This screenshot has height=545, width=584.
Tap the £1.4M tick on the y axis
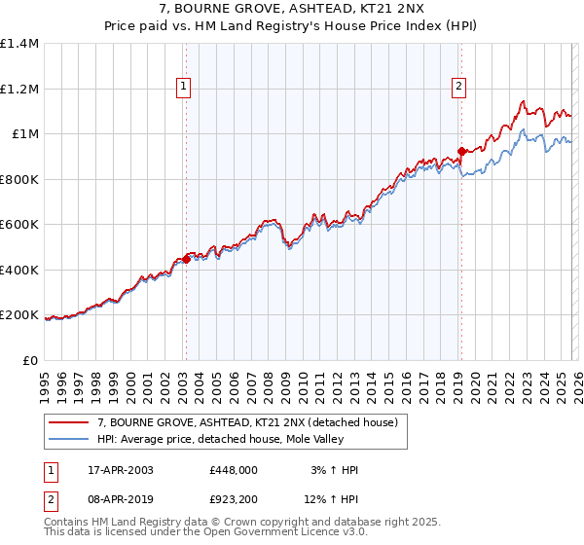[x=19, y=44]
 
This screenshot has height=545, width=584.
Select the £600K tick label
[x=19, y=225]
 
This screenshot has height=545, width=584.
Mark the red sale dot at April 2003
[x=186, y=259]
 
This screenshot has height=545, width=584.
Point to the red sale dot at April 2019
[x=460, y=151]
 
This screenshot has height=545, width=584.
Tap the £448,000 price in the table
[x=234, y=470]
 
